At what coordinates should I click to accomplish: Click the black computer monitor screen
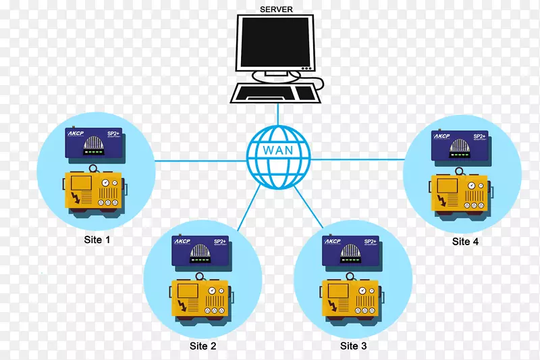276,43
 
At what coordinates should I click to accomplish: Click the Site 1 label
98,240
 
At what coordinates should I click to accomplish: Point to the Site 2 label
203,346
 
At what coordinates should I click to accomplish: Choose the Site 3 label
353,346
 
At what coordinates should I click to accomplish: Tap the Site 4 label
465,241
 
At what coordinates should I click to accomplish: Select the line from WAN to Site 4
358,159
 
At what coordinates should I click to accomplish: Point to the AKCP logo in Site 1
75,134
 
